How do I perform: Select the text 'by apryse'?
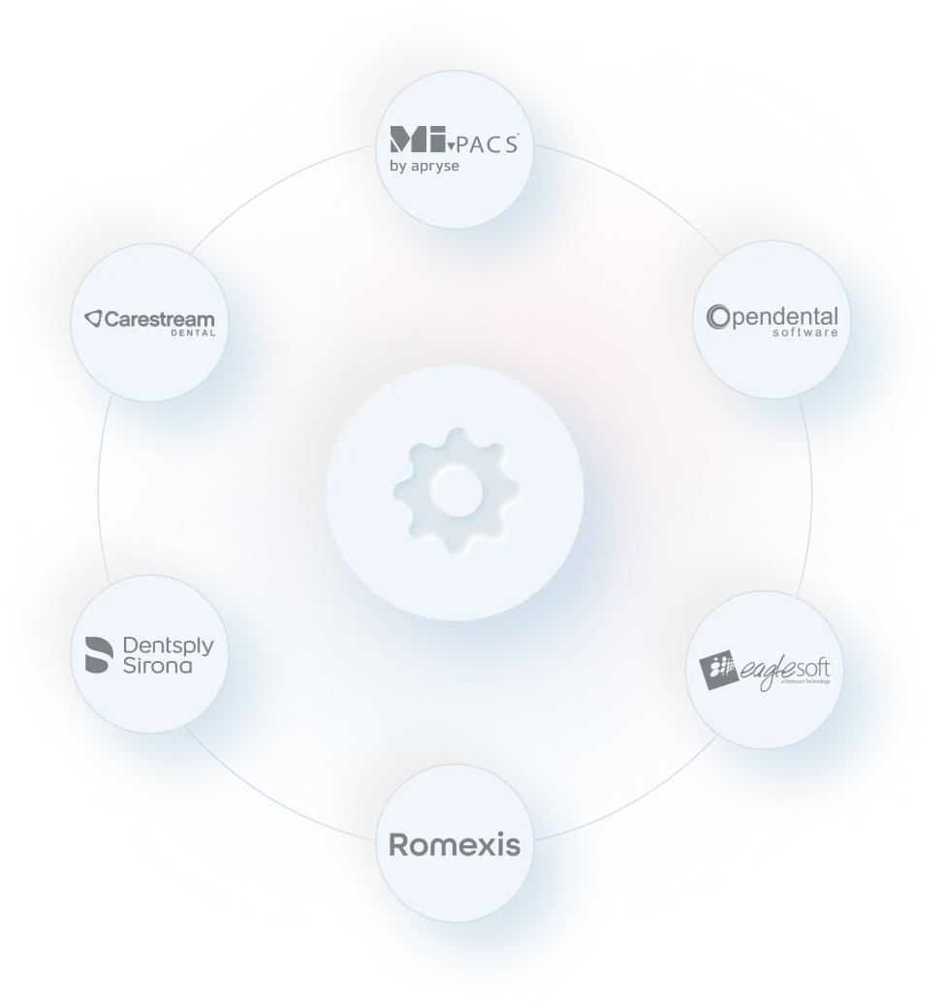(424, 166)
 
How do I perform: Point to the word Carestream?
(159, 318)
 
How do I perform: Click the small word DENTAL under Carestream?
(193, 333)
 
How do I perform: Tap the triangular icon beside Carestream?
(92, 318)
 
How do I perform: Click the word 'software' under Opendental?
(805, 332)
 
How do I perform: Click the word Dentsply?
(168, 646)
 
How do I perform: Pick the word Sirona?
(157, 666)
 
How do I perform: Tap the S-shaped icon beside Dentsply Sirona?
(98, 655)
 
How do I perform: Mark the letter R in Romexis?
(398, 845)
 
